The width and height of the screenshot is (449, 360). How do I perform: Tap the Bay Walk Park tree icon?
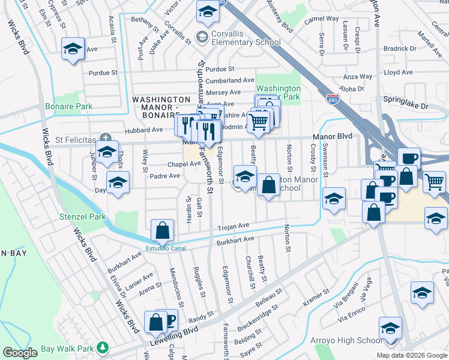coord(103,347)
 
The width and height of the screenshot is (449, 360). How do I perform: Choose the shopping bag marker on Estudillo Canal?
coord(162,230)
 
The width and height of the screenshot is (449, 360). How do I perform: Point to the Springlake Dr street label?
coord(408,106)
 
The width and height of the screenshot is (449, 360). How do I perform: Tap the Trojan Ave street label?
coord(233,226)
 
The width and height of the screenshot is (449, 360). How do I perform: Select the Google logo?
coord(20,353)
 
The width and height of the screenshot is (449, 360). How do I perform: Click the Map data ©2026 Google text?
coord(411,355)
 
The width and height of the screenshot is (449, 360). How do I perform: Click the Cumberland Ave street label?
coord(230,80)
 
